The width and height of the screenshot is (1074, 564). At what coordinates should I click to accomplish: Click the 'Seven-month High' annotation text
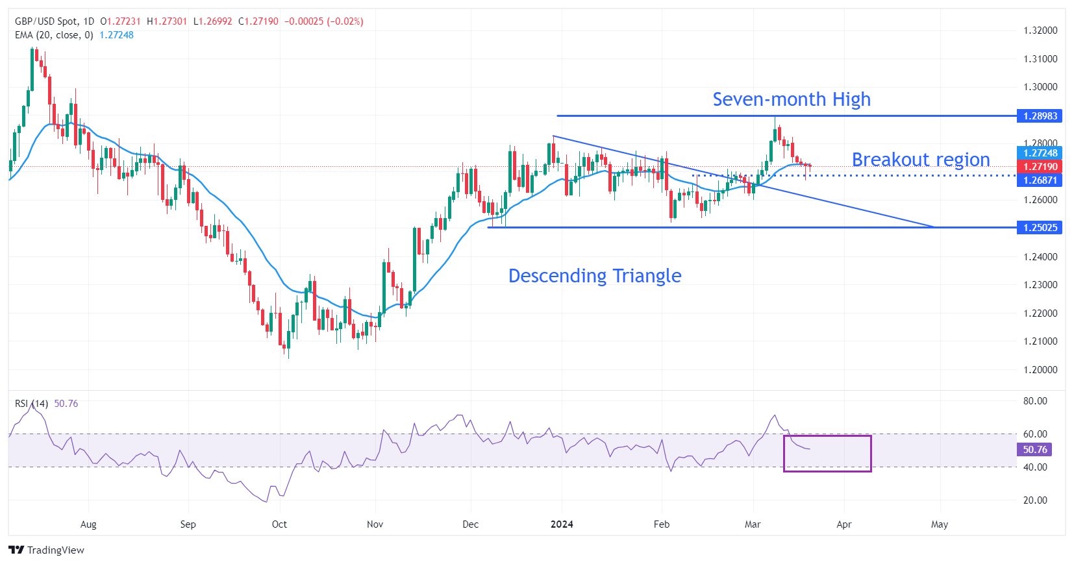pos(791,99)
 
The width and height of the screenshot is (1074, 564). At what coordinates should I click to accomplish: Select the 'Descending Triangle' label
pos(594,276)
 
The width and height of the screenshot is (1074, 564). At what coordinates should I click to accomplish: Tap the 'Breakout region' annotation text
pos(920,160)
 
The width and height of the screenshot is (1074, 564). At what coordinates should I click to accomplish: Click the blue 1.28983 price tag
pos(1040,116)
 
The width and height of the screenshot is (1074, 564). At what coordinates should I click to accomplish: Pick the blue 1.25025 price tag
pos(1040,228)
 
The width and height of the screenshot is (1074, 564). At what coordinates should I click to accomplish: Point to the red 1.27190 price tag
pos(1040,167)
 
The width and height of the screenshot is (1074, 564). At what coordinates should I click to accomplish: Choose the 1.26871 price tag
pos(1040,180)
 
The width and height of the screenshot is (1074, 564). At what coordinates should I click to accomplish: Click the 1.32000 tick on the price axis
pos(1040,31)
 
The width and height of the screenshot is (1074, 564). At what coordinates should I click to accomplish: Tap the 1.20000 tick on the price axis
pos(1040,370)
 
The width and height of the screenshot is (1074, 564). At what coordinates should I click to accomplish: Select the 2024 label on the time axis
pos(562,524)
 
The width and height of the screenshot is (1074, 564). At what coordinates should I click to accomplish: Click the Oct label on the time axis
pos(279,524)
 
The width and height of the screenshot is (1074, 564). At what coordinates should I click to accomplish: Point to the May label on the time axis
pos(939,524)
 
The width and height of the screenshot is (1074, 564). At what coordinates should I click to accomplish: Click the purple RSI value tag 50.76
pos(1034,450)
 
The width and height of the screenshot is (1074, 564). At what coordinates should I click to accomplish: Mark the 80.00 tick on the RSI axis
pos(1035,401)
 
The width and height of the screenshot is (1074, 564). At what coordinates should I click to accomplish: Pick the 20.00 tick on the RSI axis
pos(1035,500)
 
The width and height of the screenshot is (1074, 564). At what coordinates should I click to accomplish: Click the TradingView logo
pos(47,550)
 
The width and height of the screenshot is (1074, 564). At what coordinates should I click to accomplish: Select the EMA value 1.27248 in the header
pos(116,35)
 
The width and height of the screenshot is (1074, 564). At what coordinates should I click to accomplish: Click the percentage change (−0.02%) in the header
pos(345,21)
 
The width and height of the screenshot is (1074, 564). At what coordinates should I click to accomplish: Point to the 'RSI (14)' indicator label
pos(31,404)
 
